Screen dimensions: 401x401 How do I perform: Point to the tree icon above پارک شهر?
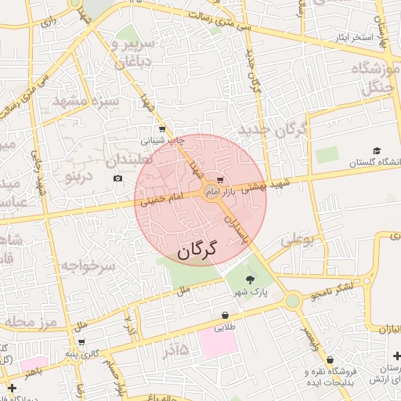pyautogui.click(x=250, y=279)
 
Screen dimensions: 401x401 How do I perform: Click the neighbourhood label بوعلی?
pyautogui.click(x=297, y=240)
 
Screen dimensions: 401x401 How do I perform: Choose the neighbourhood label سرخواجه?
pyautogui.click(x=88, y=266)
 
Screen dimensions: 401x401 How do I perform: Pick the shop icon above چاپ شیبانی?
pyautogui.click(x=162, y=129)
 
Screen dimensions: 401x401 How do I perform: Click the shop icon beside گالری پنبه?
pyautogui.click(x=81, y=342)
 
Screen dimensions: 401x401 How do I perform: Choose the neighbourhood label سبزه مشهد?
pyautogui.click(x=85, y=101)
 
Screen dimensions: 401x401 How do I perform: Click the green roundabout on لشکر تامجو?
pyautogui.click(x=292, y=300)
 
